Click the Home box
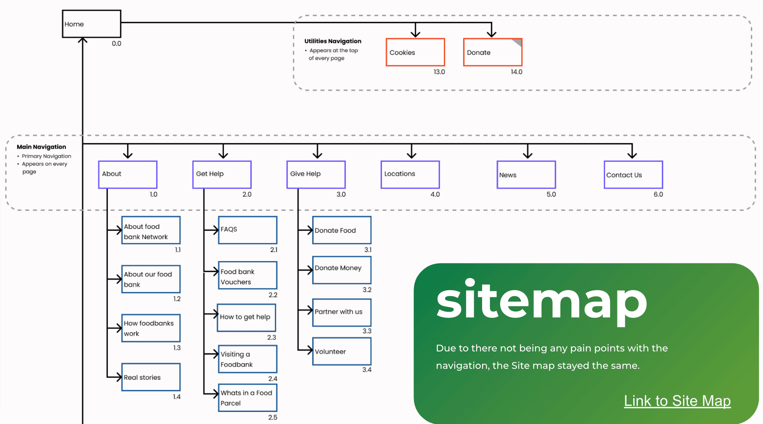(91, 24)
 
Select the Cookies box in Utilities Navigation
(415, 52)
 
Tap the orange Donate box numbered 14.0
(493, 52)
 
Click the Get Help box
(222, 174)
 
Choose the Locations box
(410, 174)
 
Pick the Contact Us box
(633, 175)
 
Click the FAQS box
(248, 230)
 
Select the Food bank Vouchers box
(248, 275)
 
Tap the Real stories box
(151, 377)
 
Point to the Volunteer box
(342, 351)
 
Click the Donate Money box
(342, 270)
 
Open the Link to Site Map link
(677, 401)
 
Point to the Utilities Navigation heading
(333, 41)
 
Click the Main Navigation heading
(41, 147)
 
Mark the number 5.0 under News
(551, 194)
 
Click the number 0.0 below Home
(116, 43)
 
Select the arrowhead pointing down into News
(527, 155)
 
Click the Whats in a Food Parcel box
(248, 398)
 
